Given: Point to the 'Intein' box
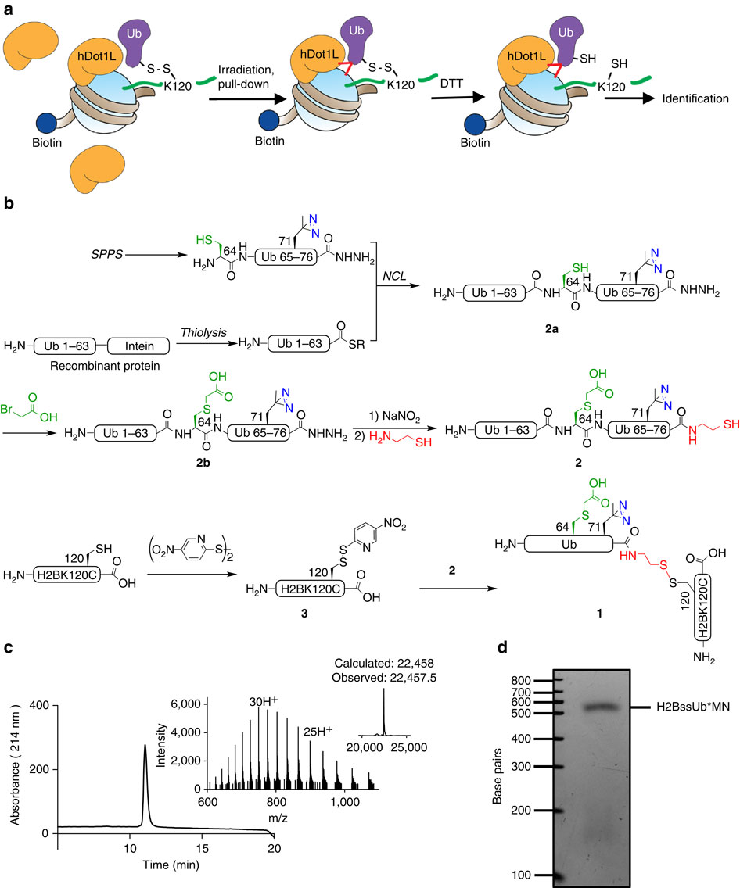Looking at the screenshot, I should [x=132, y=345].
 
